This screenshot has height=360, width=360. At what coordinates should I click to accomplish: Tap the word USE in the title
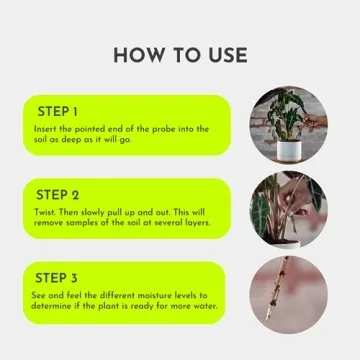(x=224, y=54)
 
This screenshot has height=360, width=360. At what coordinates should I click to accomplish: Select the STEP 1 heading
(x=58, y=111)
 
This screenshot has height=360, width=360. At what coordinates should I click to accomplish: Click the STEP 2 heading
(x=59, y=193)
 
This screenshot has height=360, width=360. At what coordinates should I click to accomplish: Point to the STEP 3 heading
(x=59, y=277)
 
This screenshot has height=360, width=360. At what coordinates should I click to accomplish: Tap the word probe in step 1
(x=147, y=128)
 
